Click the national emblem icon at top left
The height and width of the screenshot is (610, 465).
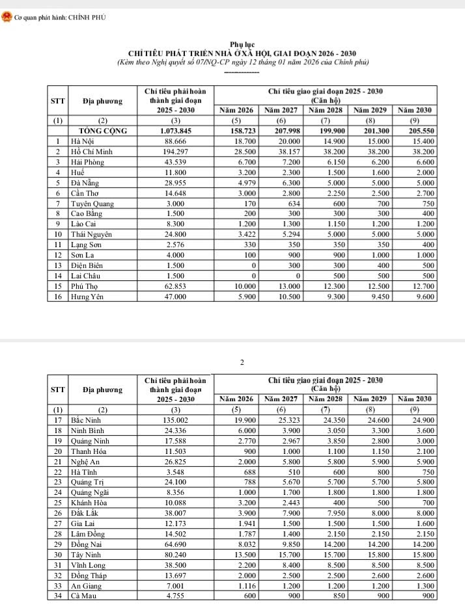[7, 17]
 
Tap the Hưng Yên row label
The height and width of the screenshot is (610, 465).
[88, 297]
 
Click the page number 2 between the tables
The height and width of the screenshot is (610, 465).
[242, 362]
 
